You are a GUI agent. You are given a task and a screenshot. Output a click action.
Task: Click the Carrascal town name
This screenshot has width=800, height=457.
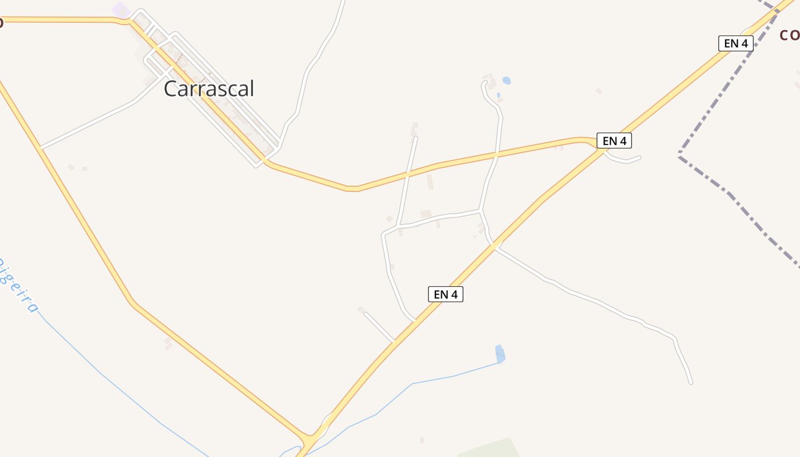[x=209, y=89]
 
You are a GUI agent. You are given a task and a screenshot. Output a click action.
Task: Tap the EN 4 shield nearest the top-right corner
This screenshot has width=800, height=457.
[x=735, y=43]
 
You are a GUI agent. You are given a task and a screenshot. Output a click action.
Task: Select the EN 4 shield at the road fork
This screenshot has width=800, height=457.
[x=614, y=141]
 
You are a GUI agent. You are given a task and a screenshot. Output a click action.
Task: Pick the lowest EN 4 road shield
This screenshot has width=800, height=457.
[x=445, y=294]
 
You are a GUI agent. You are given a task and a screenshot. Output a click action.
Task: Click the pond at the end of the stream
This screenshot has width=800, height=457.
[x=500, y=354]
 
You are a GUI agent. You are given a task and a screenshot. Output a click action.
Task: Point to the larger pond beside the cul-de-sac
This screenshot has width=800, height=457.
[x=506, y=81]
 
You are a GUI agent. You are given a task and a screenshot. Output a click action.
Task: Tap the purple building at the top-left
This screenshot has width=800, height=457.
[x=121, y=9]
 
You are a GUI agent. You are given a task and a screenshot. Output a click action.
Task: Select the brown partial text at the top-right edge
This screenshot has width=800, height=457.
[x=790, y=35]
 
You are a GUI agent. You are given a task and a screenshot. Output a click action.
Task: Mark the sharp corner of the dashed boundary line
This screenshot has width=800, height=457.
[x=679, y=156]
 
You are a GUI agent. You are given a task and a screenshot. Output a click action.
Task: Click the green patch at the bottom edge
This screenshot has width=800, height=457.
[x=489, y=448]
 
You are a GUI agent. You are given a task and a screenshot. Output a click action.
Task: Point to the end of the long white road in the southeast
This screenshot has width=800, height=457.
[x=691, y=382]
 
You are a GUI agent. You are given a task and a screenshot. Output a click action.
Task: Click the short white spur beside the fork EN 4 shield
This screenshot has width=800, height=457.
[x=626, y=160]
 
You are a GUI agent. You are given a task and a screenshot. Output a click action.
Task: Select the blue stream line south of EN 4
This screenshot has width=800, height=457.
[x=411, y=384]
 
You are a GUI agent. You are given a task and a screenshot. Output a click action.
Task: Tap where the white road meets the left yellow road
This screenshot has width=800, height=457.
[x=41, y=148]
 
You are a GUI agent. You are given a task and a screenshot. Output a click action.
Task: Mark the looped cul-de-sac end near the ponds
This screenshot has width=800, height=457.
[x=485, y=84]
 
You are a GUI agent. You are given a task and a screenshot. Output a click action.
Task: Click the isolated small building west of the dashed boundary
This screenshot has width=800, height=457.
[x=599, y=91]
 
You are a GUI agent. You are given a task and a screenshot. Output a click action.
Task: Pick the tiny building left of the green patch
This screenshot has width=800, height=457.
[x=422, y=440]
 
